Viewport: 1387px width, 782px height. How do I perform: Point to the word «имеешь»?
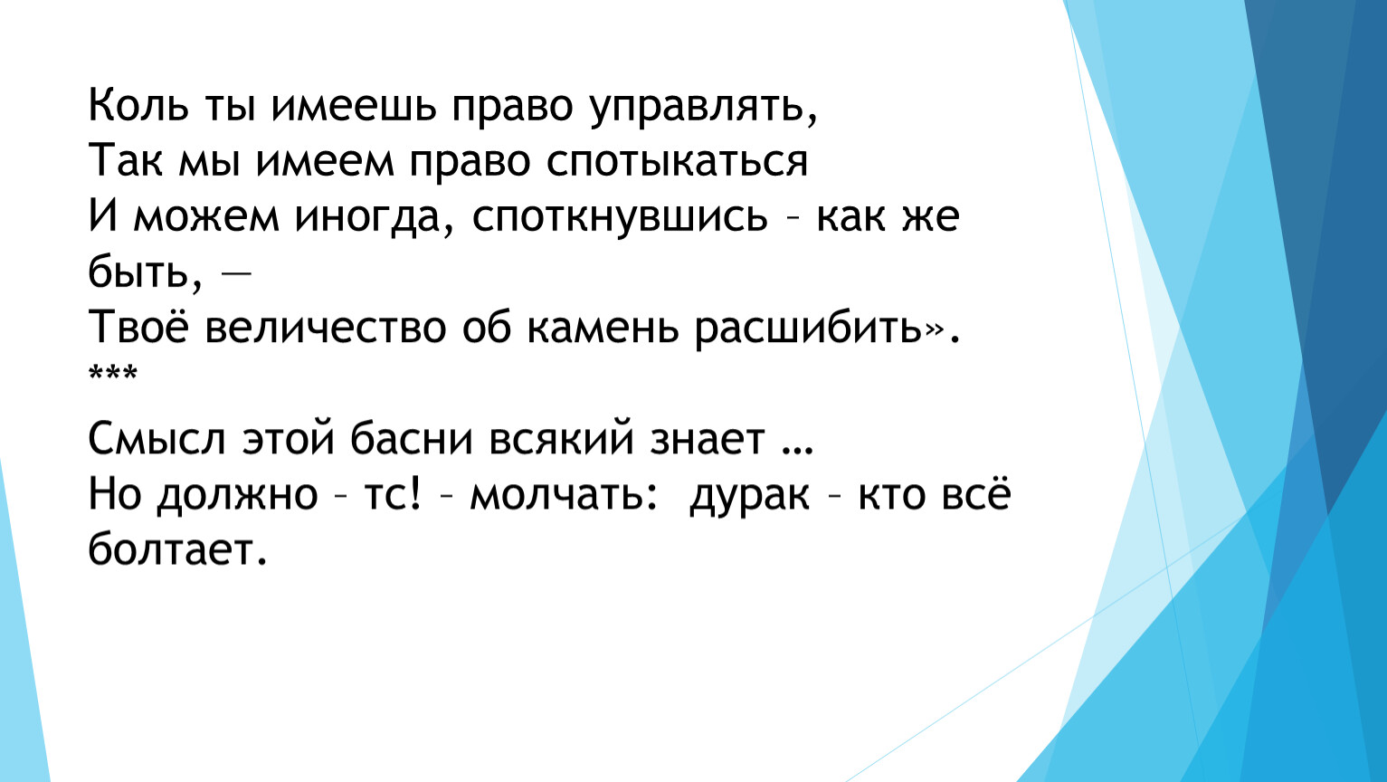pyautogui.click(x=354, y=107)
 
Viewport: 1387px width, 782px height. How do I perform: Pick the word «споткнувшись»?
pyautogui.click(x=620, y=218)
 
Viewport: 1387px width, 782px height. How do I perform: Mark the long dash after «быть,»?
pyautogui.click(x=236, y=273)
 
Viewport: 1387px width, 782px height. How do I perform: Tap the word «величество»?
pyautogui.click(x=325, y=327)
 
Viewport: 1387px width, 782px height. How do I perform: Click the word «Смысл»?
pyautogui.click(x=157, y=439)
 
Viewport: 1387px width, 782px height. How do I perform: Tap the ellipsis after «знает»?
pyautogui.click(x=797, y=451)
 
